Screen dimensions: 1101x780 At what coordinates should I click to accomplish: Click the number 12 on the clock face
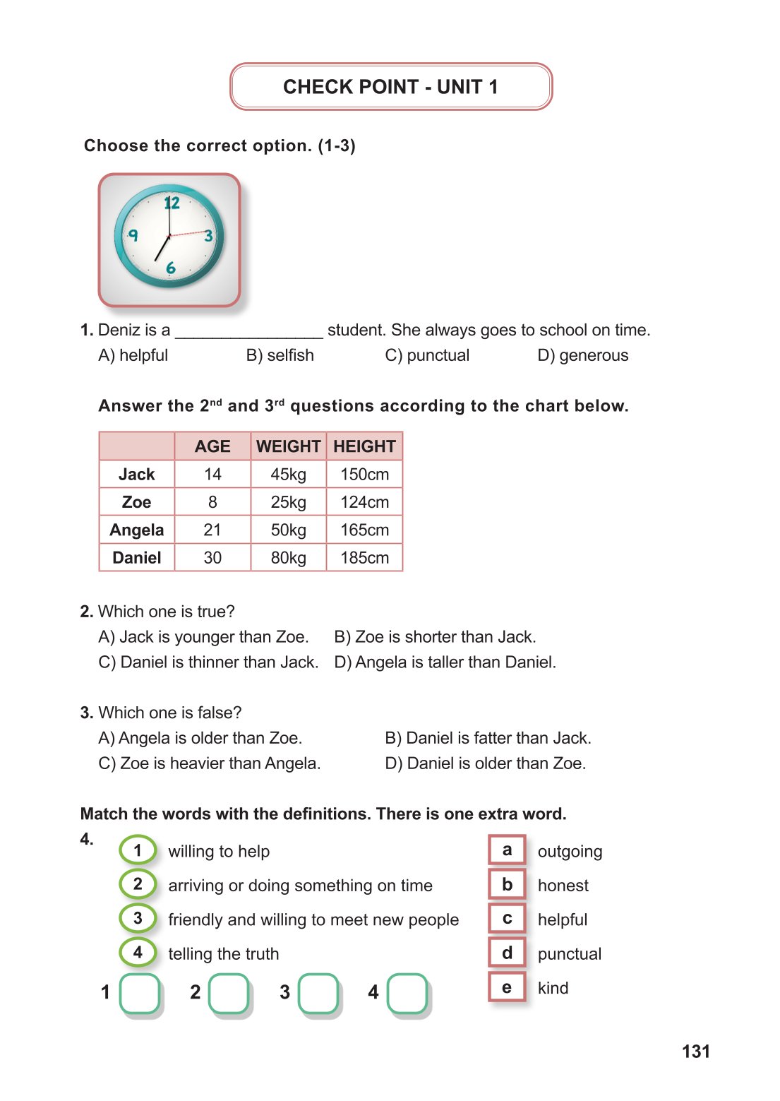pyautogui.click(x=172, y=203)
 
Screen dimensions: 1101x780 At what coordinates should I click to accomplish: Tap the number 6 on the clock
pyautogui.click(x=170, y=268)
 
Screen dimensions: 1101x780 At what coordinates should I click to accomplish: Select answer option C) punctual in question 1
pyautogui.click(x=427, y=355)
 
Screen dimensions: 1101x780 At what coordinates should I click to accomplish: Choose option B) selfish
pyautogui.click(x=280, y=355)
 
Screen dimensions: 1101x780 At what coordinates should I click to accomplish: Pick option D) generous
pyautogui.click(x=582, y=355)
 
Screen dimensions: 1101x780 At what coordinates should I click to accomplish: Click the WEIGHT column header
pyautogui.click(x=288, y=446)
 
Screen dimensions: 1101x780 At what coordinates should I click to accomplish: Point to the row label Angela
pyautogui.click(x=136, y=530)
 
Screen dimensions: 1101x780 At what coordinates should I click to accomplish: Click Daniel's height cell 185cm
pyautogui.click(x=364, y=558)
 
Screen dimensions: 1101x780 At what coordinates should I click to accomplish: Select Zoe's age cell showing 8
pyautogui.click(x=212, y=502)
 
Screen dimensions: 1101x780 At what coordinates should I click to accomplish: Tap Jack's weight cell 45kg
pyautogui.click(x=288, y=475)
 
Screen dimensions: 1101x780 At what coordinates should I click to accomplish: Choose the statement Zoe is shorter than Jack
pyautogui.click(x=435, y=637)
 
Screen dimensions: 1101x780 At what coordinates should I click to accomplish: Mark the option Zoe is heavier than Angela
pyautogui.click(x=210, y=763)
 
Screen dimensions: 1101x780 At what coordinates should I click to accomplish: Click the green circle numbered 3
pyautogui.click(x=138, y=918)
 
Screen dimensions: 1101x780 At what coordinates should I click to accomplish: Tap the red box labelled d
pyautogui.click(x=507, y=953)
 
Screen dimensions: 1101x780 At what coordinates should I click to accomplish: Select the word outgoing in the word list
pyautogui.click(x=570, y=852)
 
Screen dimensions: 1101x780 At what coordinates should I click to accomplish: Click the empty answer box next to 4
pyautogui.click(x=407, y=993)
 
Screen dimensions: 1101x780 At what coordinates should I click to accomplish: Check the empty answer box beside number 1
pyautogui.click(x=140, y=993)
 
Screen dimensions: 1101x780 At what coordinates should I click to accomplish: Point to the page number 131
pyautogui.click(x=695, y=1052)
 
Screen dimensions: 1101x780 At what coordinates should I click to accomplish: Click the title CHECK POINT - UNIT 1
pyautogui.click(x=390, y=87)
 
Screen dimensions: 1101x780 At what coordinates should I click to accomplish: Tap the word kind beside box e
pyautogui.click(x=553, y=988)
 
